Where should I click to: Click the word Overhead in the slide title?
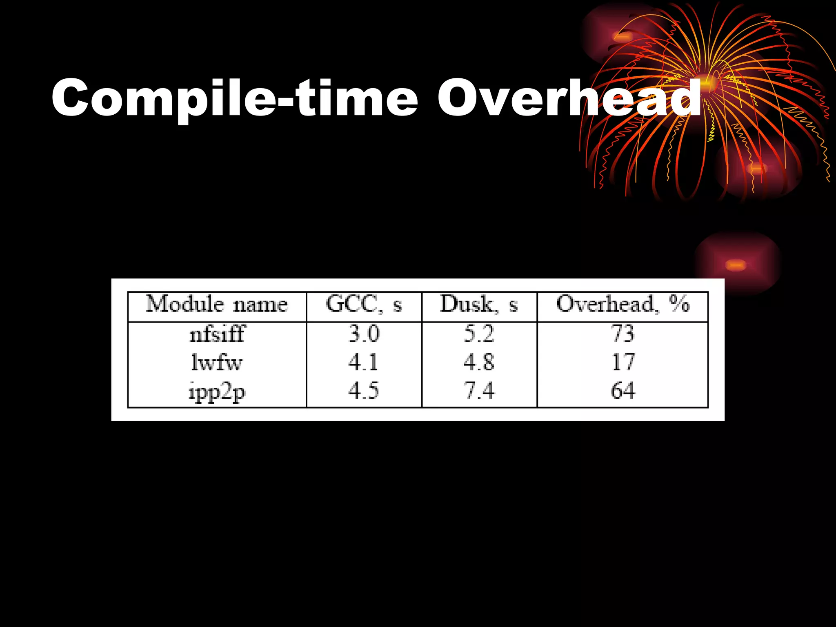569,98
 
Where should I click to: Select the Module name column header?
217,305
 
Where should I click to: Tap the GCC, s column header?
364,305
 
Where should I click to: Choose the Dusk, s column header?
479,305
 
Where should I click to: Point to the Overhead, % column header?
623,304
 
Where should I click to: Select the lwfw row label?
217,362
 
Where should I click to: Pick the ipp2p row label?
217,391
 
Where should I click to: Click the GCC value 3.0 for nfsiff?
364,334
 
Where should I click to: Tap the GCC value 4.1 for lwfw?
363,362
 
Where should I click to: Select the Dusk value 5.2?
479,334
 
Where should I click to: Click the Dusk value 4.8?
479,362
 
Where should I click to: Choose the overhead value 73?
623,334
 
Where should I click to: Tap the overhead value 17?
623,362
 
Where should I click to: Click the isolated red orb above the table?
736,265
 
